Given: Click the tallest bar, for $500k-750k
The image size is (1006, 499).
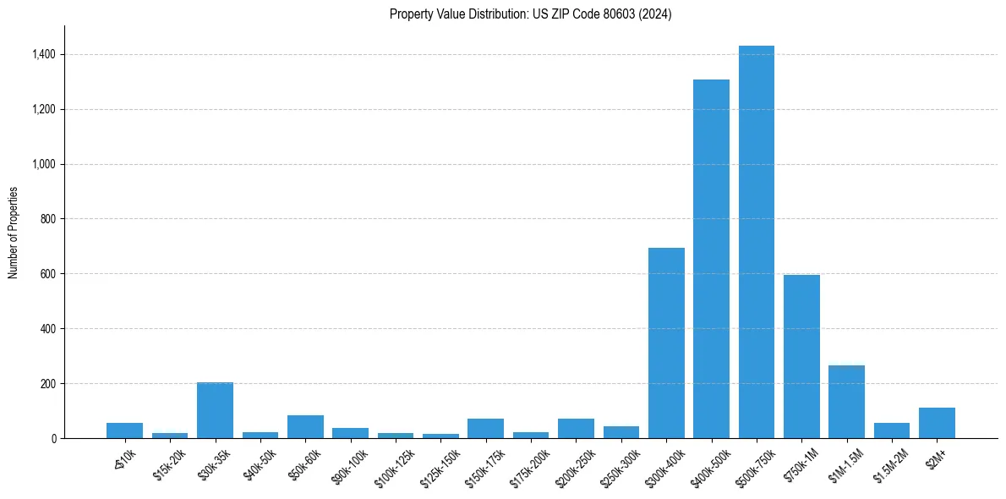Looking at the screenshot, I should coord(756,242).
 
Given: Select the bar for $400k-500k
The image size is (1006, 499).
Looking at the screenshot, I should coord(711,259).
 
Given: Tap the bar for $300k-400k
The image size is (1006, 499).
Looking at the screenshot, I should coord(666,343).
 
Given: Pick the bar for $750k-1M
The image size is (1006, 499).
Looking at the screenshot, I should coord(801,356).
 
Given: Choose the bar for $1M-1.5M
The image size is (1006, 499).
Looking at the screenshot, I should coord(846,402).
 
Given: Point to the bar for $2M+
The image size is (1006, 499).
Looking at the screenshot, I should coord(937,423).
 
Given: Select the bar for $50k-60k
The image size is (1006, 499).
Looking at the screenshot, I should coord(305,427).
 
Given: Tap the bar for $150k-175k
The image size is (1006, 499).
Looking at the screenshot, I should coord(485,429).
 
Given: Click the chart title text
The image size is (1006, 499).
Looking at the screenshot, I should coord(531,14).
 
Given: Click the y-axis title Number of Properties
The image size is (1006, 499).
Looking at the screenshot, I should coord(14,233).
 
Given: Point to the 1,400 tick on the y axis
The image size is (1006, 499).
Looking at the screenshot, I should coord(44,54).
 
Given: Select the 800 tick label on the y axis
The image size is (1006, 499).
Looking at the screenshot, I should coord(48,219).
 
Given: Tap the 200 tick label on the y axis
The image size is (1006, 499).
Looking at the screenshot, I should coord(48,383).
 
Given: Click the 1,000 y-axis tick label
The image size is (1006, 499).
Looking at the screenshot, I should coord(44,164).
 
